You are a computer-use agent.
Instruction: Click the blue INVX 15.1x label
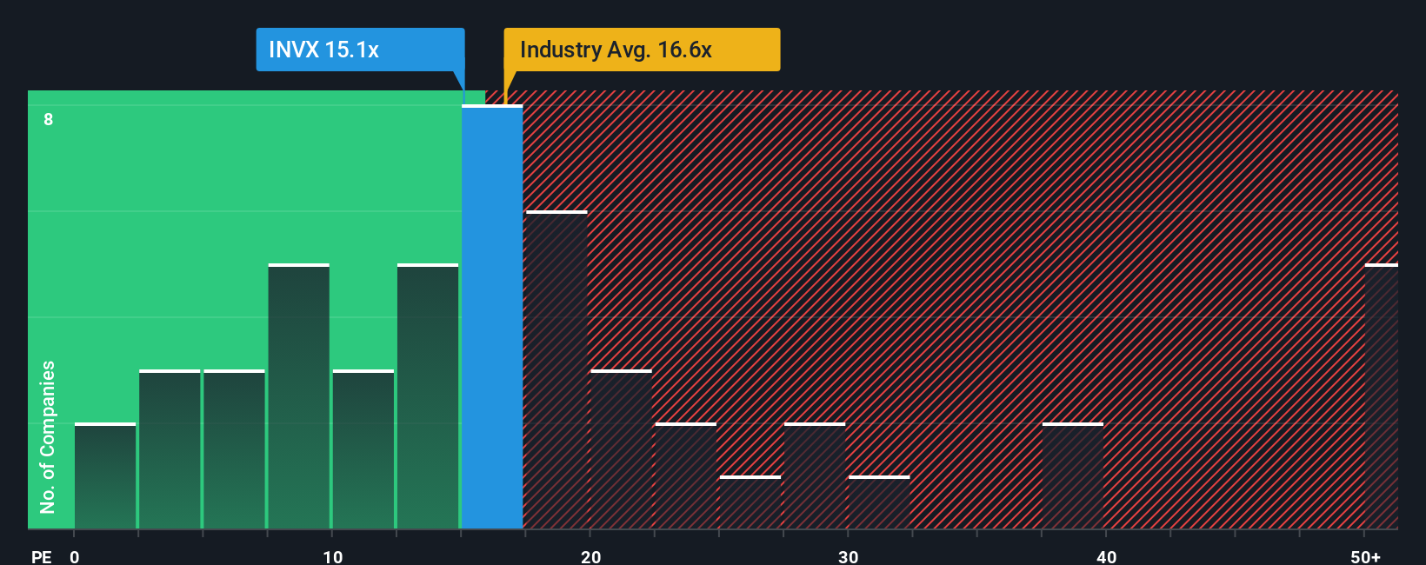tap(359, 50)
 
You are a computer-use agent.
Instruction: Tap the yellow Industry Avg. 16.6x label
tap(641, 50)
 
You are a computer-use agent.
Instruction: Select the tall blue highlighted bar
tap(491, 317)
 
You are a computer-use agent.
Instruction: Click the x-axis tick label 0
tap(75, 556)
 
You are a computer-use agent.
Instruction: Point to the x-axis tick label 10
tap(332, 556)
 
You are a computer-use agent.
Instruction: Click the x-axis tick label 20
tap(590, 556)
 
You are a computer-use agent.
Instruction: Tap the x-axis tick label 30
tap(848, 556)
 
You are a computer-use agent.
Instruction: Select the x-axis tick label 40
tap(1106, 556)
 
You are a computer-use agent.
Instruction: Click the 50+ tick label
tap(1365, 556)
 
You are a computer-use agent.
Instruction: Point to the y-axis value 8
tap(49, 119)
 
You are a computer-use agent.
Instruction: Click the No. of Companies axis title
tap(48, 436)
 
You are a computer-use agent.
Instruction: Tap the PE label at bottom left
tap(41, 556)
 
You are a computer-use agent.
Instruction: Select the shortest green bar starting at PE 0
tap(105, 476)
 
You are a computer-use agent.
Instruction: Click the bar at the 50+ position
tap(1381, 396)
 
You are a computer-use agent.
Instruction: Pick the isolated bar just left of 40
tap(1073, 476)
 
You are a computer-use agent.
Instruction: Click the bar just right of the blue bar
tap(556, 370)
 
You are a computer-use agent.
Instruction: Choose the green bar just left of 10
tap(298, 396)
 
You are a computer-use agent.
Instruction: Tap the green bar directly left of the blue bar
tap(428, 396)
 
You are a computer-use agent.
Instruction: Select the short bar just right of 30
tap(879, 502)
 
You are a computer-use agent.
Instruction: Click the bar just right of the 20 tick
tap(621, 449)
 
